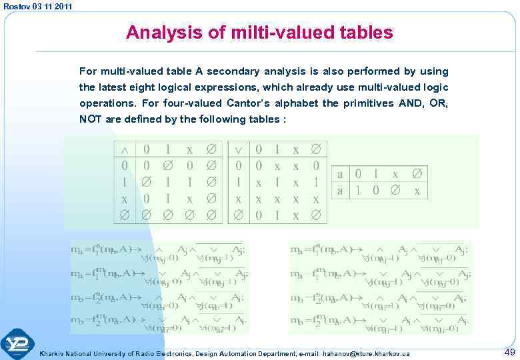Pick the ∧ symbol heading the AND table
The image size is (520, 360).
[125, 149]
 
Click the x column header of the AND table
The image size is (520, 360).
[191, 149]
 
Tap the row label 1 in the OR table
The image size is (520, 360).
[239, 181]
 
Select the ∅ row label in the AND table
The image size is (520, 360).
[125, 215]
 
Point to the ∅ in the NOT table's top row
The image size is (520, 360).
[417, 173]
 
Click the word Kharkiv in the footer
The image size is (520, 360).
[53, 353]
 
